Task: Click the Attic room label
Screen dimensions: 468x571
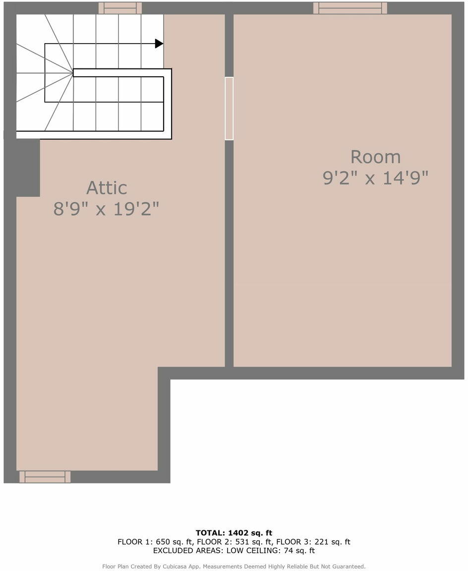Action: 107,188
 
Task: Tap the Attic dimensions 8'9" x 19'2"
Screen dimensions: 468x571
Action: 107,209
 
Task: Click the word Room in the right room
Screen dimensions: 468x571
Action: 375,157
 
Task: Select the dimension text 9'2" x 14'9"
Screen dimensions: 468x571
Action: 375,178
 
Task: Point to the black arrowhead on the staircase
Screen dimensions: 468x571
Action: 159,44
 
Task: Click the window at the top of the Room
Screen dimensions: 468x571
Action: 350,8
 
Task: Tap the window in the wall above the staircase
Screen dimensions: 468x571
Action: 120,8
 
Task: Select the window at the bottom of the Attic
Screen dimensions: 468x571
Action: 45,477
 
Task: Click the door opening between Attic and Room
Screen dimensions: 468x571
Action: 229,108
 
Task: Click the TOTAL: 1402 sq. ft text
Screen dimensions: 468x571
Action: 234,533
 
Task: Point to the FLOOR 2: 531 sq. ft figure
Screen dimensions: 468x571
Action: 233,542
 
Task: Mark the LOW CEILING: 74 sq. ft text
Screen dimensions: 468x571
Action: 271,551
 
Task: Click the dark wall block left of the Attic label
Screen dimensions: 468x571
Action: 28,168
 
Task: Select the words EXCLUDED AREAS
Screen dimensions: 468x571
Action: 188,551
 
